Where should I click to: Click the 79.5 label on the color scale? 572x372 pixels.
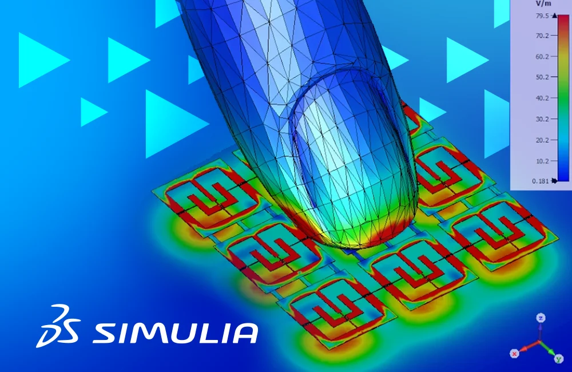[x=542, y=15]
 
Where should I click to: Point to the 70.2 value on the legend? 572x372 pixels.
[x=542, y=35]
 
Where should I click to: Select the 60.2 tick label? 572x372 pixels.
[x=542, y=57]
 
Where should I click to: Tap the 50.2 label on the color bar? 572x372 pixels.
[x=542, y=77]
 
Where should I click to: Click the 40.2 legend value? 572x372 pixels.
[x=542, y=98]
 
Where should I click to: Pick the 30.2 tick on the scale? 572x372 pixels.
[x=542, y=119]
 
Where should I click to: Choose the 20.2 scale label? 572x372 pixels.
[x=542, y=140]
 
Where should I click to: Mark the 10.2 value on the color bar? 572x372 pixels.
[x=542, y=161]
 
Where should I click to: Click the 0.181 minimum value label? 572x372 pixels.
[x=541, y=181]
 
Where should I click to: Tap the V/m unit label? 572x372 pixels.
[x=543, y=3]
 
